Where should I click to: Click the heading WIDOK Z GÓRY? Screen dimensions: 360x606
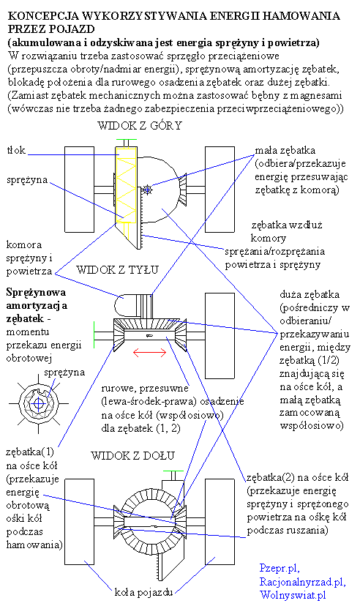click(x=140, y=126)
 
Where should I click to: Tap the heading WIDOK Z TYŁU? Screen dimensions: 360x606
click(x=117, y=269)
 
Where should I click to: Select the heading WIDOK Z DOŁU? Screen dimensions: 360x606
click(x=132, y=456)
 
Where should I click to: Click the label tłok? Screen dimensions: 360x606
click(x=16, y=150)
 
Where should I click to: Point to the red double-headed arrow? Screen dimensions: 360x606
click(x=149, y=352)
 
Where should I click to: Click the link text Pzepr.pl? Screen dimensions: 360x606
click(x=280, y=568)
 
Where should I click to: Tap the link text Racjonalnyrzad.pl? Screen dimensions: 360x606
click(x=302, y=582)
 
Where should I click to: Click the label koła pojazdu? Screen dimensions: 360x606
click(x=143, y=591)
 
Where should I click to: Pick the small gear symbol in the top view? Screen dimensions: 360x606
click(x=147, y=190)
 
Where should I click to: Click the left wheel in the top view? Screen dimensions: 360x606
click(x=79, y=190)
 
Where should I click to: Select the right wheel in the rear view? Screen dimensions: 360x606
click(x=220, y=336)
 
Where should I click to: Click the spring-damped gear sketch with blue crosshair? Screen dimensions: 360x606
click(x=39, y=404)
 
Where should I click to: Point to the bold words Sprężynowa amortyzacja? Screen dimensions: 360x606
click(x=37, y=299)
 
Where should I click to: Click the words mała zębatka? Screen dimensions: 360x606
click(x=285, y=150)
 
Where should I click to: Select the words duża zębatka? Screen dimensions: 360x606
click(x=310, y=294)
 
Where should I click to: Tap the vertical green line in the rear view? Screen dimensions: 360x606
click(x=94, y=334)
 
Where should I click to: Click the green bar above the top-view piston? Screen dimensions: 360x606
click(x=127, y=140)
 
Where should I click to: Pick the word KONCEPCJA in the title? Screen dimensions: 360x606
click(x=44, y=16)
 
